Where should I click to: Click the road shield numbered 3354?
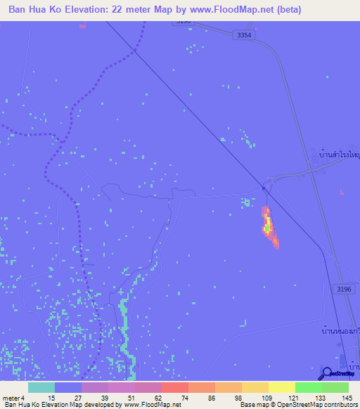[x=244, y=35]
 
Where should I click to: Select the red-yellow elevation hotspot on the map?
[x=268, y=226]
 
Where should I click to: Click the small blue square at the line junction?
[x=263, y=188]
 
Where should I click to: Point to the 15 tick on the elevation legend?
[x=51, y=397]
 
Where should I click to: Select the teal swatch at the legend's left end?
[x=41, y=387]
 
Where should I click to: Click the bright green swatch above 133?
[x=308, y=387]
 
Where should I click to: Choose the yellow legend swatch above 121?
[x=281, y=387]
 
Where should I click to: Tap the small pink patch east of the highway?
[x=342, y=191]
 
